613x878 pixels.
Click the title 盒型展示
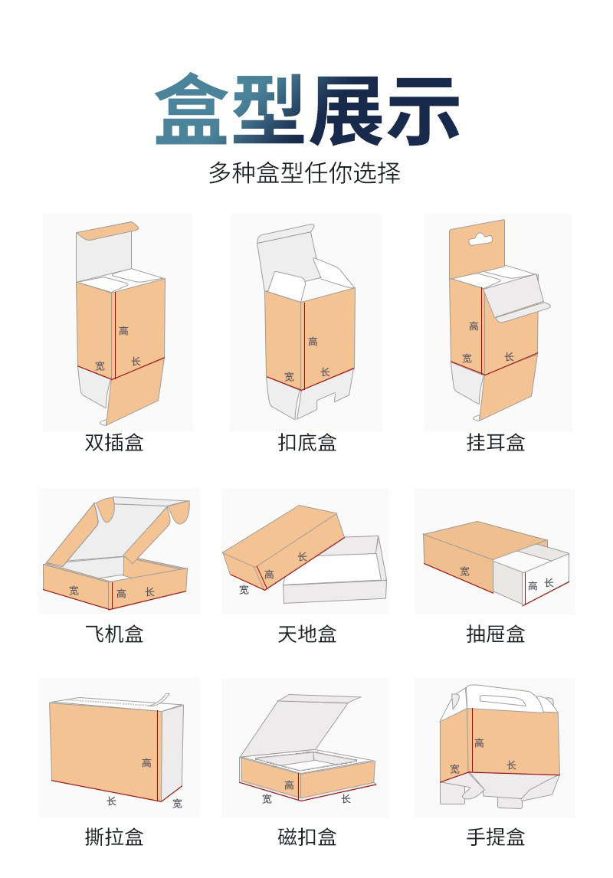pos(306,110)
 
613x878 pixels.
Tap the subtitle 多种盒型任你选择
pos(305,172)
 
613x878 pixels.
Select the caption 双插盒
pos(114,442)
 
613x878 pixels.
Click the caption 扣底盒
pos(307,442)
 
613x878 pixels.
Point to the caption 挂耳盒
pos(496,442)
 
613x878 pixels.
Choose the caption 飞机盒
pos(114,634)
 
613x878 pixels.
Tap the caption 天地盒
pos(307,634)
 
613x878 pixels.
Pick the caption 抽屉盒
pos(496,634)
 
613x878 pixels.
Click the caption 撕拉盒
pos(114,837)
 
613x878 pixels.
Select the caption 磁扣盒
pos(307,837)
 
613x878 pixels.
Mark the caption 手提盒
pos(496,837)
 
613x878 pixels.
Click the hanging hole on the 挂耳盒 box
pos(480,239)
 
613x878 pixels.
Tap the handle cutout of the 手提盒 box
pos(503,699)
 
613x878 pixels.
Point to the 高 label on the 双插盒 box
pos(124,331)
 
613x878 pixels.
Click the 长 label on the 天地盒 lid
pos(302,557)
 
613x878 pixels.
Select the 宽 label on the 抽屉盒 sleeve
pos(465,571)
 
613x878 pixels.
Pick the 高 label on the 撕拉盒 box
pos(146,762)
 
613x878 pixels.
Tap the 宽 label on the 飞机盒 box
pos(74,591)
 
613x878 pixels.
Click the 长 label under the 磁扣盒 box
pos(346,799)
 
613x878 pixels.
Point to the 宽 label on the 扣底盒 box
pos(289,376)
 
